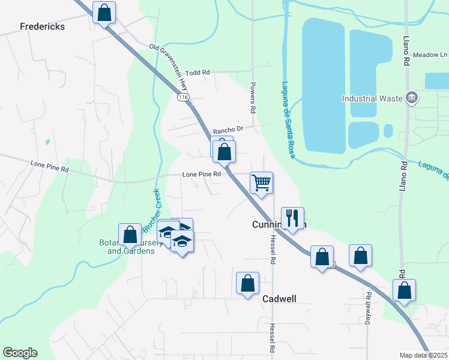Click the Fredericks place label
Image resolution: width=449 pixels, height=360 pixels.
(42, 27)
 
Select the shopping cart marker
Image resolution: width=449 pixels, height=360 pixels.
(261, 183)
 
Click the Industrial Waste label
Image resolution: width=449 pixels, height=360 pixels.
(372, 98)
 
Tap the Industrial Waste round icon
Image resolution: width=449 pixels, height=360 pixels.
(412, 97)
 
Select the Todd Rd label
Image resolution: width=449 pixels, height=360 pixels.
(197, 73)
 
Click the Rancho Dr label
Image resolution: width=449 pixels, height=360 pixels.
(228, 130)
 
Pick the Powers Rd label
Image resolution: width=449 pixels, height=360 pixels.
(253, 98)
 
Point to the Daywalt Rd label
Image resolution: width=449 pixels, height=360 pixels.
(368, 309)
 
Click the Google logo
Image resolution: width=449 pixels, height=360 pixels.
(20, 353)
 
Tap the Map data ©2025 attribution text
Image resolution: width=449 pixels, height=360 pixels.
(423, 355)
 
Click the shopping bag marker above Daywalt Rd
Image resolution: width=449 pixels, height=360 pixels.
(360, 256)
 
